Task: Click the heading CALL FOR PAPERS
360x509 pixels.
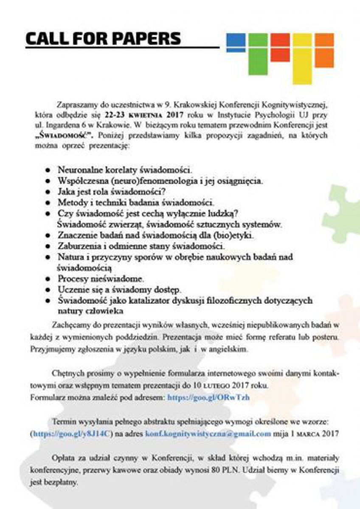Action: tap(103, 39)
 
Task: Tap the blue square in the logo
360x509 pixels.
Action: tap(236, 42)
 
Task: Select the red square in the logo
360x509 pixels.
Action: tap(280, 47)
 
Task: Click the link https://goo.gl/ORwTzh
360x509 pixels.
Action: tap(208, 397)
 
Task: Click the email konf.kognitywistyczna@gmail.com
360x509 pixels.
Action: tap(208, 433)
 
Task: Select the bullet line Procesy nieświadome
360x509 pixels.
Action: tap(101, 279)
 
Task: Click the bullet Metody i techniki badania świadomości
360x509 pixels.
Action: tap(136, 202)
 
